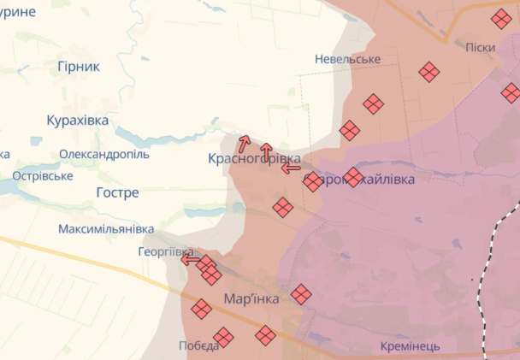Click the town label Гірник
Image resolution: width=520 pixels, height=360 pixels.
click(x=78, y=66)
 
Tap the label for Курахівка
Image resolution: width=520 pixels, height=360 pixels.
click(x=78, y=121)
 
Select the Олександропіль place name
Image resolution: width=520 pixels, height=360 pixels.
click(x=104, y=155)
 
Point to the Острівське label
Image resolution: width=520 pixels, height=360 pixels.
click(x=42, y=176)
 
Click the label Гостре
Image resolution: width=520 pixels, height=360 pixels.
click(x=117, y=192)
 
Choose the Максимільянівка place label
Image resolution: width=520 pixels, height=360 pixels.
click(x=106, y=229)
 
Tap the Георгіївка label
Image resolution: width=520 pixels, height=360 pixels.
click(x=165, y=252)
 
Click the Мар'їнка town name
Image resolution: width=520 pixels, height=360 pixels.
click(x=251, y=299)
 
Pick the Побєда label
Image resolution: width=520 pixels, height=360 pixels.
click(x=198, y=345)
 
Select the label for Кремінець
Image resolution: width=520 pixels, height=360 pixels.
click(x=411, y=346)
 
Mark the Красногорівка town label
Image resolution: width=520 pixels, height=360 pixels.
click(x=254, y=160)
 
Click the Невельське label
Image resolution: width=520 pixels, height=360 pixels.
click(x=347, y=59)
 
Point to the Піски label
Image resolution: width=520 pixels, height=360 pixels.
click(x=481, y=47)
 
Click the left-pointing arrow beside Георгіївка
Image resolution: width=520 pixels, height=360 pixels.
click(x=190, y=259)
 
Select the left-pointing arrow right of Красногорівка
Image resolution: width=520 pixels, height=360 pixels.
click(x=291, y=168)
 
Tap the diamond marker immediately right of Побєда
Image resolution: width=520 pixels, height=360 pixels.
click(x=223, y=337)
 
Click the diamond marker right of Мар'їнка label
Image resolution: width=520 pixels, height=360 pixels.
click(x=300, y=294)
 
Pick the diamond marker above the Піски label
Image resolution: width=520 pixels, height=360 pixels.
click(x=502, y=19)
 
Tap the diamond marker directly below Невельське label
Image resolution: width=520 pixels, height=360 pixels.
click(x=373, y=103)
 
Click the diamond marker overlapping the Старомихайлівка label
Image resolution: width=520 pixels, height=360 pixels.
click(x=353, y=177)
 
